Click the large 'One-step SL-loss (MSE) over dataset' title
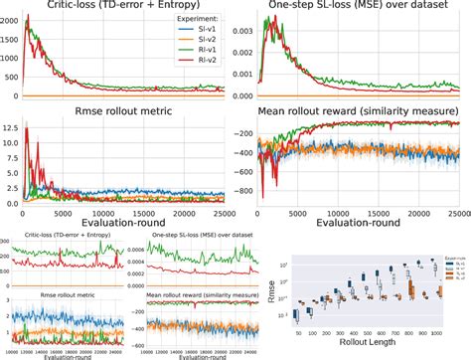(x=360, y=7)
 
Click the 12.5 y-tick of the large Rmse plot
(x=9, y=127)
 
